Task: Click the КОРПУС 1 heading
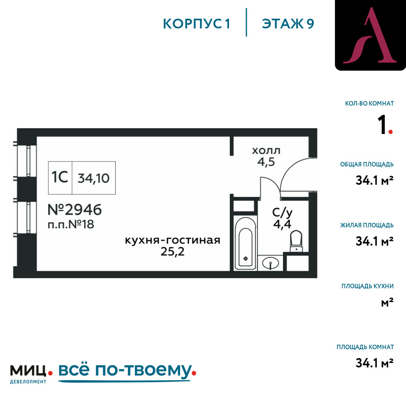pos(197,24)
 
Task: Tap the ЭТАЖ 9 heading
pos(288,24)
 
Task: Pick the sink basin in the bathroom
pos(270,264)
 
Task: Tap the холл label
pos(266,151)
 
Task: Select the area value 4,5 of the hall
pos(266,162)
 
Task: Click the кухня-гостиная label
pos(173,240)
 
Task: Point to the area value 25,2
pos(173,252)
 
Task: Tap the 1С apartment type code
pos(60,178)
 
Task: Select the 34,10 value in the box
pos(94,178)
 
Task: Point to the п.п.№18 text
pos(71,224)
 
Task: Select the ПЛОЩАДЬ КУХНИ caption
pos(368,286)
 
